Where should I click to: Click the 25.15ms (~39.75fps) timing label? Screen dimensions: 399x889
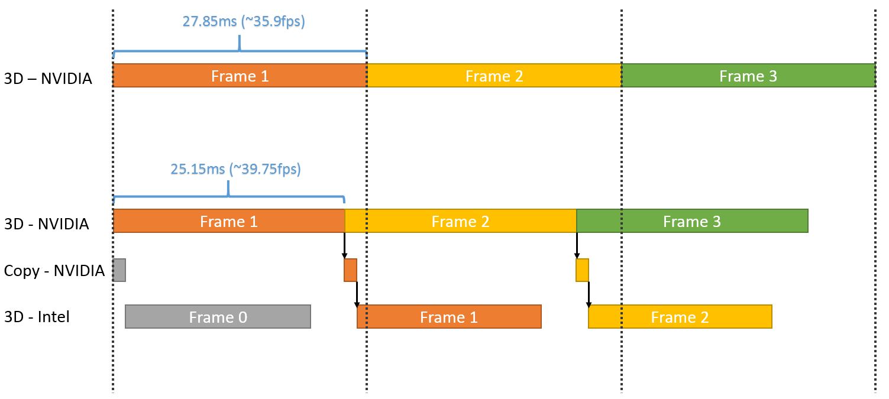click(x=236, y=169)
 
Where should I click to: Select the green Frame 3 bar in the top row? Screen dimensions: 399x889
click(x=748, y=76)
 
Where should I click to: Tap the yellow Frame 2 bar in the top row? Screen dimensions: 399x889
click(x=494, y=76)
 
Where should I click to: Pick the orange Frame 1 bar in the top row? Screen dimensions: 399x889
click(x=240, y=76)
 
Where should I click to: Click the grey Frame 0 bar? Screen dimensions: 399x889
click(x=218, y=317)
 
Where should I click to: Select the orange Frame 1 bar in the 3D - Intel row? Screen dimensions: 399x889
click(x=449, y=317)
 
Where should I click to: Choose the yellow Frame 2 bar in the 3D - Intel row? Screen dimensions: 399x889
click(x=680, y=317)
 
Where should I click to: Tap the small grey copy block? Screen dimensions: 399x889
click(x=119, y=270)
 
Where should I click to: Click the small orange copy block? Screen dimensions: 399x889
click(x=351, y=270)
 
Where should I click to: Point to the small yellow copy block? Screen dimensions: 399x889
click(x=582, y=270)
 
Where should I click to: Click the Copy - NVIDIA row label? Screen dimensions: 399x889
click(x=54, y=271)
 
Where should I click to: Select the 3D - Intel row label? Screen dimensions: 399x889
click(x=37, y=317)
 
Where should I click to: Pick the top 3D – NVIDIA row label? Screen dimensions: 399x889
click(x=48, y=78)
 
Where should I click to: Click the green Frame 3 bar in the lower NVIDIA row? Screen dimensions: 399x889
click(x=692, y=221)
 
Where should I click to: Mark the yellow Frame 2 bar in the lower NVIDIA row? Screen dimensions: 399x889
click(x=460, y=221)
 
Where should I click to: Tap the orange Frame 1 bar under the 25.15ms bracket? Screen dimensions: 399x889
click(x=229, y=221)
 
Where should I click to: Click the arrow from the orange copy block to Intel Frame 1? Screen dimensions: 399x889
click(x=357, y=294)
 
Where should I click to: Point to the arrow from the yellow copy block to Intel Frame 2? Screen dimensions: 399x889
click(x=589, y=294)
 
